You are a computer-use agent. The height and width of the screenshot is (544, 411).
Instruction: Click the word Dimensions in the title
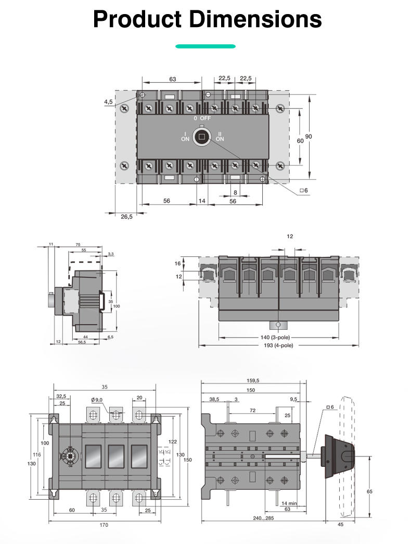pos(254,19)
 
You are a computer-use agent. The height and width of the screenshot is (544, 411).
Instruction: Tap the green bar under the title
pos(205,46)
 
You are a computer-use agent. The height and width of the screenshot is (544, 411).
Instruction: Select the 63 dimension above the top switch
pos(172,79)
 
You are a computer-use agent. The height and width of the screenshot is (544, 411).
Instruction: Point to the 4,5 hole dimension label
pos(108,103)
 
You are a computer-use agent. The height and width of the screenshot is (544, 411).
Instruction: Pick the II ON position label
pos(220,137)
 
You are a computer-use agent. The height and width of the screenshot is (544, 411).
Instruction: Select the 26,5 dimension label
pos(126,216)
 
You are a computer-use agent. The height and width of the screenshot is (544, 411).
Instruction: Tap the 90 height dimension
pos(309,136)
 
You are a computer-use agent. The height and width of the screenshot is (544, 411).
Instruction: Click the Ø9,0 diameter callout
pos(97,399)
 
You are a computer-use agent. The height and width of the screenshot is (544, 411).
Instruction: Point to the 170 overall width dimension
pos(104,525)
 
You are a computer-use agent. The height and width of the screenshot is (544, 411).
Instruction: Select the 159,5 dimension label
pos(252,380)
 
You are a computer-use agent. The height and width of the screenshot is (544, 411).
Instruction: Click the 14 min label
pos(289,503)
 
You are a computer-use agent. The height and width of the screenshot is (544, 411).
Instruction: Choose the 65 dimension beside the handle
pos(369,491)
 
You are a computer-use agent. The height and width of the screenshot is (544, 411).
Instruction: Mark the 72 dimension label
pos(252,411)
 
